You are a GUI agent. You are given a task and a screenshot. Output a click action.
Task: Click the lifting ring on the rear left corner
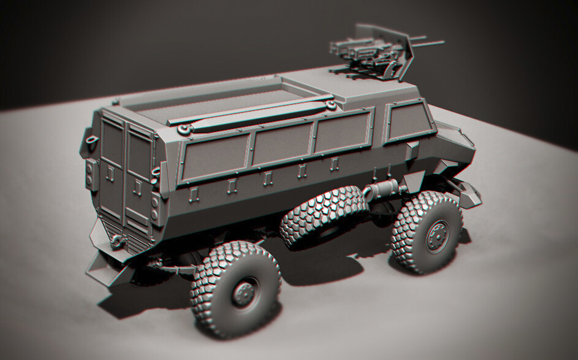click(x=93, y=140)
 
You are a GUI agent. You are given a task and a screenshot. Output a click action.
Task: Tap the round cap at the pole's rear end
click(x=184, y=129)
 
